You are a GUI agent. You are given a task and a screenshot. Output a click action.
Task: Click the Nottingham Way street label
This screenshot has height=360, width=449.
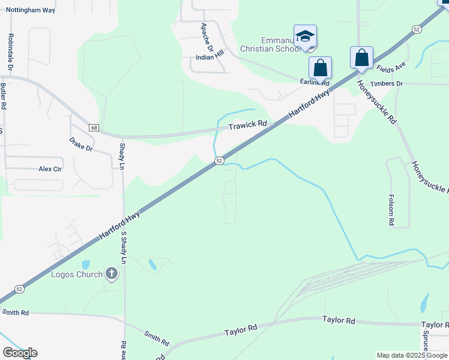coord(30,11)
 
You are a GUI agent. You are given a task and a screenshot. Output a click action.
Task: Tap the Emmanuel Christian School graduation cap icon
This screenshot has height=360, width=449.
coord(305,37)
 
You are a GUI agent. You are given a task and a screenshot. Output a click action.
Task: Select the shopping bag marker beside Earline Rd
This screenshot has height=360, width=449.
coord(320,67)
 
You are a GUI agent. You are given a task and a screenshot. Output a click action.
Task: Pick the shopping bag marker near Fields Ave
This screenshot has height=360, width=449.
coord(361,58)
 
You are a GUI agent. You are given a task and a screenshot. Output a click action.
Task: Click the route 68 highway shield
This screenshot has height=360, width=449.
coord(94,128)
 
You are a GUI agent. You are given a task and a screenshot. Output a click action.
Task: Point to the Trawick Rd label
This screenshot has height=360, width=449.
coord(247,125)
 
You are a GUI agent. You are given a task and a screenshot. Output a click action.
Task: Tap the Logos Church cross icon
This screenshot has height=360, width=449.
coord(111,274)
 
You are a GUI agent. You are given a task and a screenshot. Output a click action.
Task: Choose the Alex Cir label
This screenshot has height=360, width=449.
coord(50,169)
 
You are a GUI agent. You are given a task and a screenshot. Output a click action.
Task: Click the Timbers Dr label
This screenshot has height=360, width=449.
coord(387,83)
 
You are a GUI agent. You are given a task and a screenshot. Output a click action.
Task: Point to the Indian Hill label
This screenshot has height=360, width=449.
coord(209,58)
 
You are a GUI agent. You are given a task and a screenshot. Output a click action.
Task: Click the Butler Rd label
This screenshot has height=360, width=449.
coord(4,96)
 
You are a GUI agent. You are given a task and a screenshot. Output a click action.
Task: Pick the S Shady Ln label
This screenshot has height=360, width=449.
coord(124,247)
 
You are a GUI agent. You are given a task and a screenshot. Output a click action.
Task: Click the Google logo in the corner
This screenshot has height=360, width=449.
coord(20,353)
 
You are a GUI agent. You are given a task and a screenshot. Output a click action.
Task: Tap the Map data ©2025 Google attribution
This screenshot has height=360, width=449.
coord(412,355)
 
